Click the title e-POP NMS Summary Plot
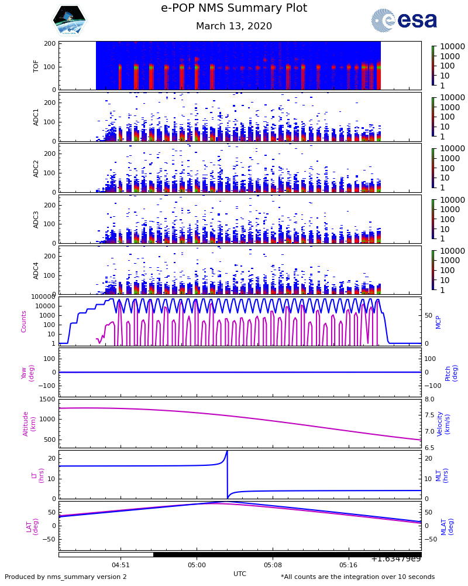pos(234,8)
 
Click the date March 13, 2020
pos(234,26)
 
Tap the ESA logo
pos(404,21)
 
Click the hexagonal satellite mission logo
pos(69,21)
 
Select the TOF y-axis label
pos(36,66)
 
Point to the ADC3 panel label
pos(36,219)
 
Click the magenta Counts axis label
pos(24,322)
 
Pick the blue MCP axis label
pos(438,322)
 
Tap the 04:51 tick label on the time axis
pos(121,565)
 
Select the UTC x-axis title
pos(240,574)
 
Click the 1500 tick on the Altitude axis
pos(47,399)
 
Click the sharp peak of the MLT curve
pos(227,451)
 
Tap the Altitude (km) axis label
pos(29,423)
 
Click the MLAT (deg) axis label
pos(448,526)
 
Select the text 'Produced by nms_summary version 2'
pos(66,577)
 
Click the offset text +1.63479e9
pos(395,558)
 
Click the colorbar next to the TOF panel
pos(433,66)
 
